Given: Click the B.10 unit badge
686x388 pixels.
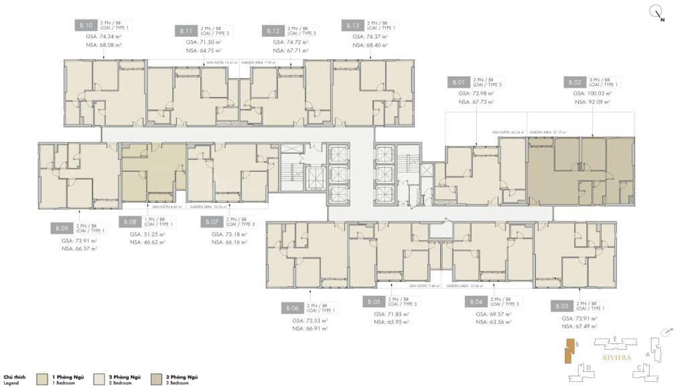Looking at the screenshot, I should (86, 26).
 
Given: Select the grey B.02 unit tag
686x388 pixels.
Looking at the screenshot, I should (574, 82).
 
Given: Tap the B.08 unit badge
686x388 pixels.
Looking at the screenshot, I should (130, 221).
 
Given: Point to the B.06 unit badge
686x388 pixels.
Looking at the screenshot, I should (293, 308).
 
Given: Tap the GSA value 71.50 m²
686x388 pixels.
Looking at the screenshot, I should (205, 41).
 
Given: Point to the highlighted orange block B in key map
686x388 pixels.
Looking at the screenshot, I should (569, 353).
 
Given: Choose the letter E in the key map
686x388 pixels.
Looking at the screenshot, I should (614, 340).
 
